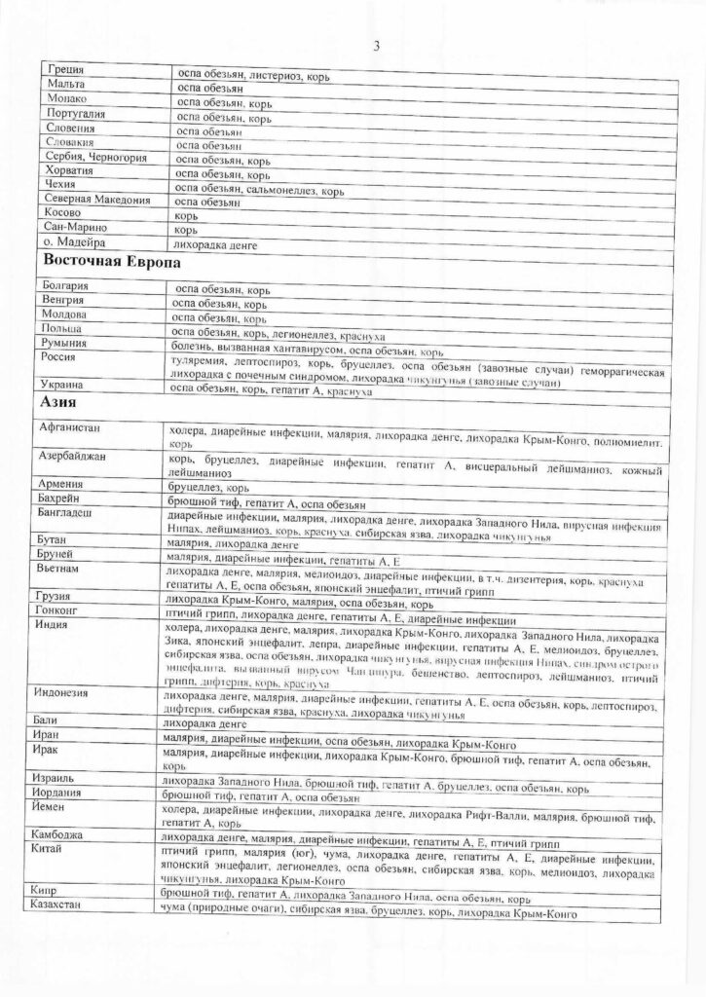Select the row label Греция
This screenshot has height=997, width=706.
click(x=65, y=70)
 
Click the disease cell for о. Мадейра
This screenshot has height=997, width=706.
click(x=214, y=245)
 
